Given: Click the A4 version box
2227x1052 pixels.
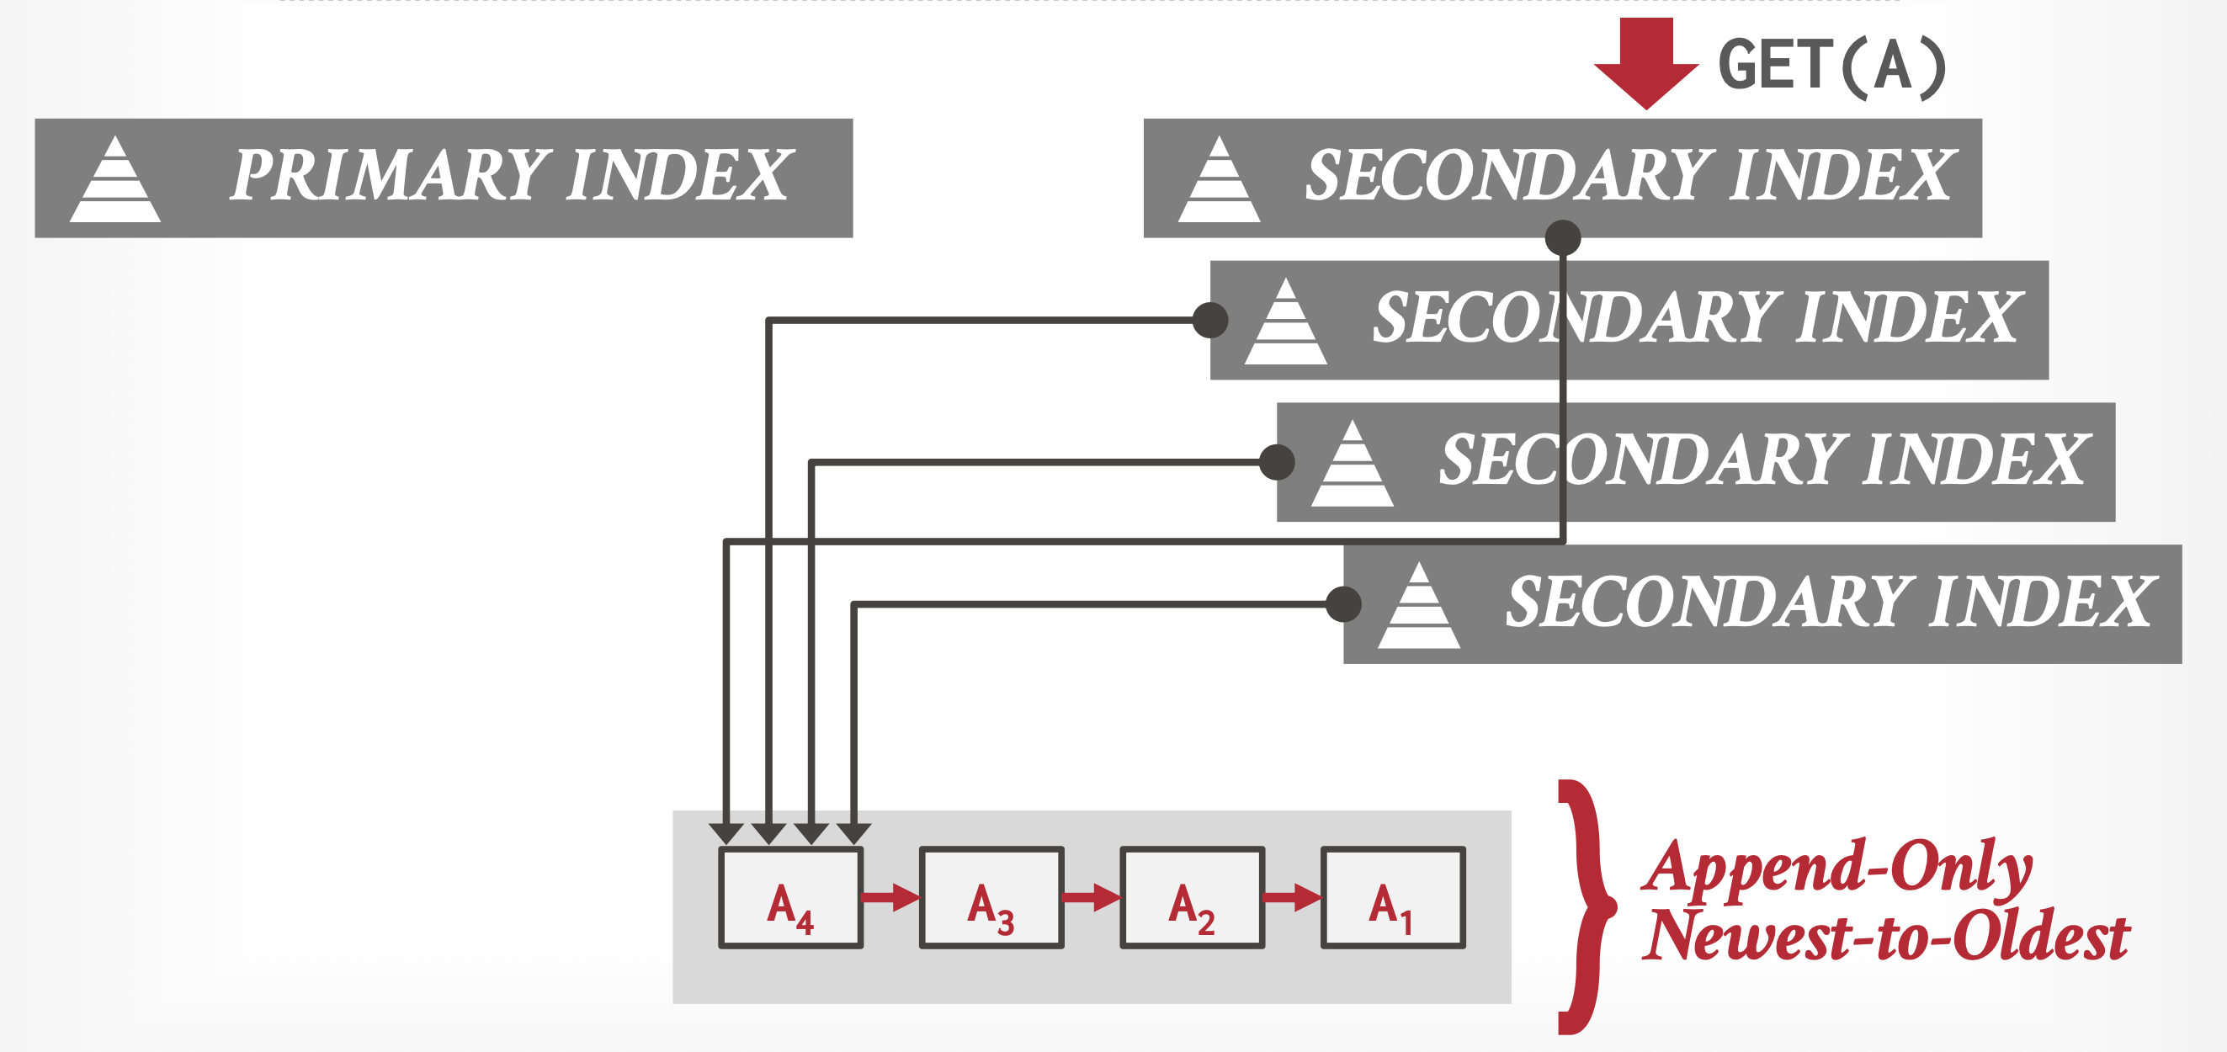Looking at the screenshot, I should pos(790,897).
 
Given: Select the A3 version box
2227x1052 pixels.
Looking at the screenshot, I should pos(991,897).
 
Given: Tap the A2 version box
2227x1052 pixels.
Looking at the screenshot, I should pos(1191,897).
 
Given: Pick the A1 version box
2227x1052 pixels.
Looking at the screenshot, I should pos(1392,897).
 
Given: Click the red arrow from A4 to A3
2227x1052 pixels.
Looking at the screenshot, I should pos(890,897).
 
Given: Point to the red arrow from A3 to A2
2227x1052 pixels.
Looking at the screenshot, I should pos(1091,897).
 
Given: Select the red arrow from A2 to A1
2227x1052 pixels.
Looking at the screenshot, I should pos(1292,897).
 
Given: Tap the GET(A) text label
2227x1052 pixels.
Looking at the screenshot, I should pos(1833,66).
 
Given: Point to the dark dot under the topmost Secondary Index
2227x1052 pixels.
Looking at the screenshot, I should pos(1563,237).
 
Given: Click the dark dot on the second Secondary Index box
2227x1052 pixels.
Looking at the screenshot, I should pos(1210,320).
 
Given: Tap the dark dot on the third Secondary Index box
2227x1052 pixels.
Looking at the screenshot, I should pos(1277,461).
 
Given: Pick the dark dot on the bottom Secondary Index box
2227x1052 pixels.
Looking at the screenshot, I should pos(1343,604).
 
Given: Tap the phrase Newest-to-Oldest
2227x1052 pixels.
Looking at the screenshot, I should pos(1884,935).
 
